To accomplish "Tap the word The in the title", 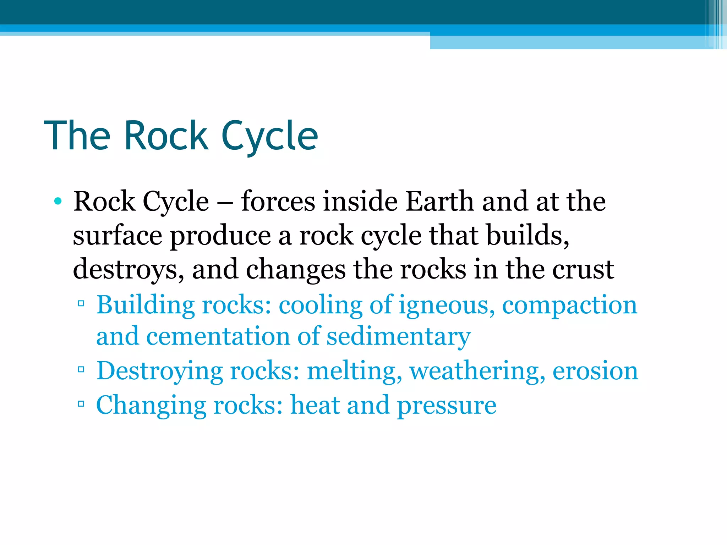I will pos(77,136).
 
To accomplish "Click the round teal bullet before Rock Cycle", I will pos(58,202).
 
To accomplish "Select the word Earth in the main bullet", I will pos(439,202).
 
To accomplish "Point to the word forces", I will pos(278,202).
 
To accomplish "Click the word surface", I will pos(117,236).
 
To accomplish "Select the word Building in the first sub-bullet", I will pos(146,305).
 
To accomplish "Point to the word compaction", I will pos(569,305).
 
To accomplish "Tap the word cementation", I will pos(218,336).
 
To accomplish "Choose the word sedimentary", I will pos(398,336).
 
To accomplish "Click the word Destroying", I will pos(159,371).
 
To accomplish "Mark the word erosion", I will pos(595,371).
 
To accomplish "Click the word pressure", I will pos(447,405).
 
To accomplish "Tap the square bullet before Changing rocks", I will pos(81,403).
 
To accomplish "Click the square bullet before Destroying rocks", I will pos(81,369).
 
